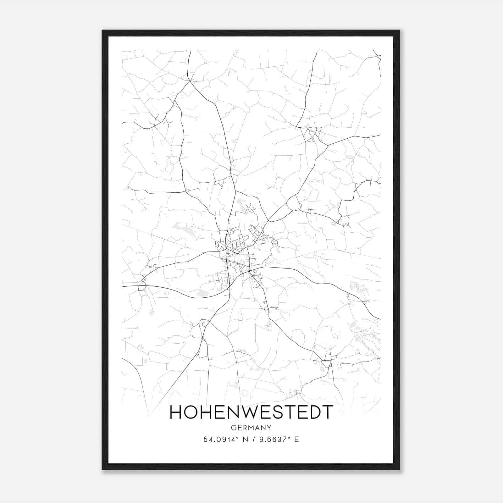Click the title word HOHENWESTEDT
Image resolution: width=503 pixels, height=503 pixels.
coord(251,412)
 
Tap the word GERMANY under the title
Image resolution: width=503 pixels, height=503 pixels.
coord(251,428)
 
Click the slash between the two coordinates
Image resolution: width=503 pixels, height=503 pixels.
coord(253,439)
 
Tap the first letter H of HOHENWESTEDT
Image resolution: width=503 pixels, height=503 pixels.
coord(175,412)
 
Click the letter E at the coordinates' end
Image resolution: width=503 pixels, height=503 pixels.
coord(296,439)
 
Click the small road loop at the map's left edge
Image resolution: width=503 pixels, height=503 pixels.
coord(142,286)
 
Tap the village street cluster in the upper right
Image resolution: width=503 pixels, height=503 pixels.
coord(311,134)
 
